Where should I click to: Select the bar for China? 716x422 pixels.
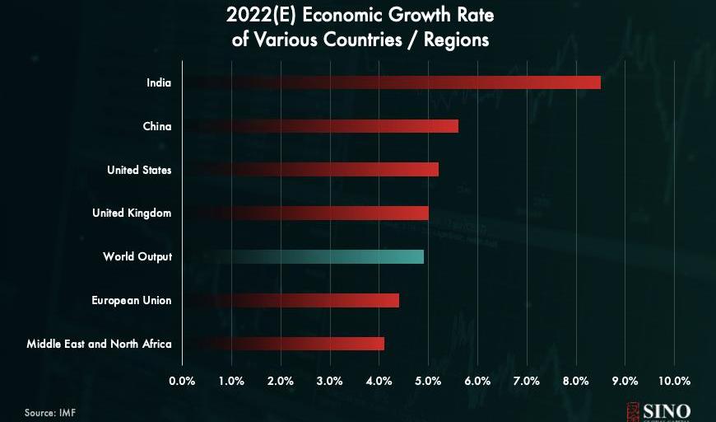(x=320, y=126)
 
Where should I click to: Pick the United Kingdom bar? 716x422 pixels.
(x=305, y=213)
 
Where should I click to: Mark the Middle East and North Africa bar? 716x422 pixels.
(x=283, y=344)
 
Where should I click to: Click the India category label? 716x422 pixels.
(x=159, y=82)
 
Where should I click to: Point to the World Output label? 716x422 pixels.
(x=137, y=256)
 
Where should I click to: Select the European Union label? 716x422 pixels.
(x=132, y=300)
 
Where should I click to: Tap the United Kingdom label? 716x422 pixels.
(x=132, y=213)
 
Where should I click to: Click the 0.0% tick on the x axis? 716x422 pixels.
(x=182, y=381)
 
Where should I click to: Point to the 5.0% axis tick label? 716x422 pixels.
(x=428, y=381)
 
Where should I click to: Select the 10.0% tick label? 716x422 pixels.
(x=674, y=381)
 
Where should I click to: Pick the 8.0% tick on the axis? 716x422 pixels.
(x=576, y=381)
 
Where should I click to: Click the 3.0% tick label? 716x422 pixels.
(x=329, y=381)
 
